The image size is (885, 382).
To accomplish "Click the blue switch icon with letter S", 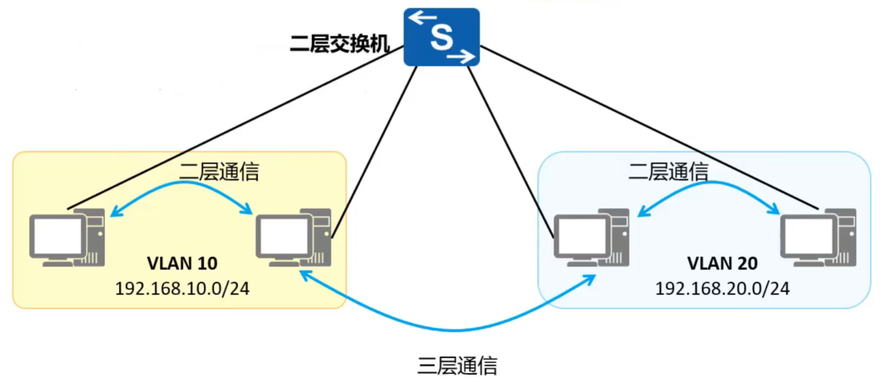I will (x=441, y=37).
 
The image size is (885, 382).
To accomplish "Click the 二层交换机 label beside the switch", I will (x=339, y=43).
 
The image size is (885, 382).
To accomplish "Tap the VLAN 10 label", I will (x=182, y=263).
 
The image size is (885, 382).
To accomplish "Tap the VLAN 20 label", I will (x=722, y=263).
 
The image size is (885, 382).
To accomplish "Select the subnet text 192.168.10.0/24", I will (x=182, y=289).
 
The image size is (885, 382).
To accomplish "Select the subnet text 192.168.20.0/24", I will (x=722, y=289).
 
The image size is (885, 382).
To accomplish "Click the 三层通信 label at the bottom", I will (x=457, y=366).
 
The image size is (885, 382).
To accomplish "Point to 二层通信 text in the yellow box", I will (x=219, y=172).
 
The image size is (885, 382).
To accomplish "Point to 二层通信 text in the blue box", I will (x=668, y=172).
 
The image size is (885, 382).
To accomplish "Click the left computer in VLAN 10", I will (x=67, y=238).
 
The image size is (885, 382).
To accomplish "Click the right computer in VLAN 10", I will (x=292, y=238).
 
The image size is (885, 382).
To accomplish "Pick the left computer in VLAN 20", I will (x=591, y=238).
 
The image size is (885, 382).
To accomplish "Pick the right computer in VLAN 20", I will (x=818, y=238).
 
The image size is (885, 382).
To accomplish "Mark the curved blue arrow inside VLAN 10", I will (x=182, y=184).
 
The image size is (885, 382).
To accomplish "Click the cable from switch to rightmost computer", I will (x=646, y=127).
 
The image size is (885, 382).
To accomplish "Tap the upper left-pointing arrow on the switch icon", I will (x=421, y=18).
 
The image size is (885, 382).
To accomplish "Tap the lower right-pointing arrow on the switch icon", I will (x=461, y=55).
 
